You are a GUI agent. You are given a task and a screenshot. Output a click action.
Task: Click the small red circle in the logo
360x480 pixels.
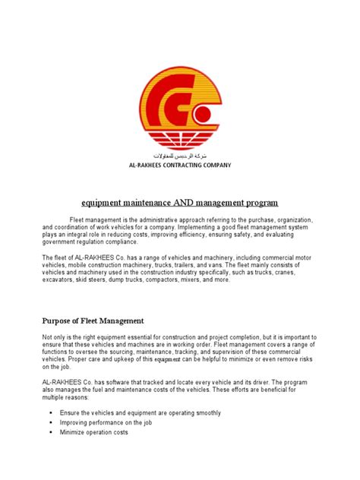pos(201,115)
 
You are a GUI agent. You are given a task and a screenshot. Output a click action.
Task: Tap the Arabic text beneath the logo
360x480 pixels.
pos(180,154)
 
